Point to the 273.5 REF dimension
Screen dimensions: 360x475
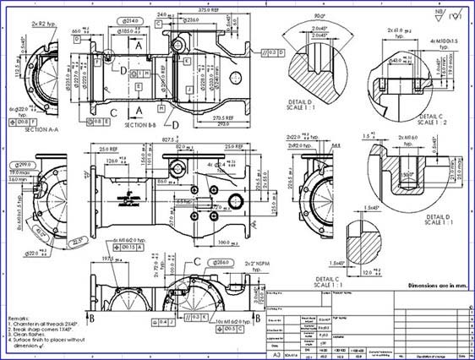point(220,117)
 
